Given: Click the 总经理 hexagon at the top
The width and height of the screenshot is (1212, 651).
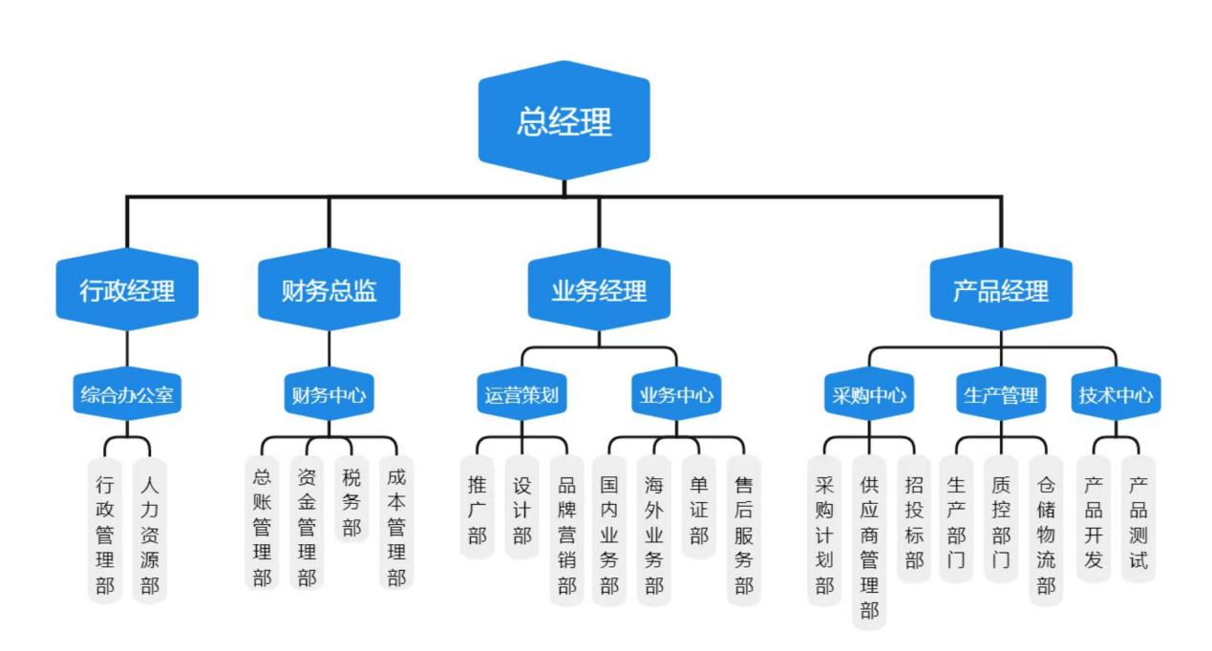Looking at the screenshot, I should [563, 121].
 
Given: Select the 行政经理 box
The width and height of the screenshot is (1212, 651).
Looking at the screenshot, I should [127, 290].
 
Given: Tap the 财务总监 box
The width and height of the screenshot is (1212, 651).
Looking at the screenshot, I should [329, 290].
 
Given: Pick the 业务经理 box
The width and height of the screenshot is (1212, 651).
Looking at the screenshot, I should [599, 290].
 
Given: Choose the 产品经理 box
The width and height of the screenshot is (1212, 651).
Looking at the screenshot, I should [1001, 290].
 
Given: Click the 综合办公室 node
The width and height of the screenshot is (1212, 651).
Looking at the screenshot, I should [127, 394].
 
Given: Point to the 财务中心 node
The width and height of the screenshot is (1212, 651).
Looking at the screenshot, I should [329, 394].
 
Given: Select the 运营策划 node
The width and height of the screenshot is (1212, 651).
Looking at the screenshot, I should [521, 394].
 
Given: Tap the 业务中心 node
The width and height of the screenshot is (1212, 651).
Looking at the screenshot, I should [676, 394].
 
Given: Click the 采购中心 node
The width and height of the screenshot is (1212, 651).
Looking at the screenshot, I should [868, 394].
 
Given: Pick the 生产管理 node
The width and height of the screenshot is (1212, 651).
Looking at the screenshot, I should [1001, 394].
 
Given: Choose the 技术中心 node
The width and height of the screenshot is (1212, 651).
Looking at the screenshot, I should [1116, 394].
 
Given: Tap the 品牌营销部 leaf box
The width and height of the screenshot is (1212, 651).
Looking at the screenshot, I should [567, 535].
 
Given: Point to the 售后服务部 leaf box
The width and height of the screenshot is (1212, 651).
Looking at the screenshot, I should [744, 535].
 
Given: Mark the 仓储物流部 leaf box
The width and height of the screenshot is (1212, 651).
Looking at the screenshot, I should [1046, 535].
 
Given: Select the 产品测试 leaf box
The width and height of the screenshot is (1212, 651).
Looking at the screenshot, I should [1138, 522].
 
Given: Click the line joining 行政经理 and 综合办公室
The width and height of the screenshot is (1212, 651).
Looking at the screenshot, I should [127, 348].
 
